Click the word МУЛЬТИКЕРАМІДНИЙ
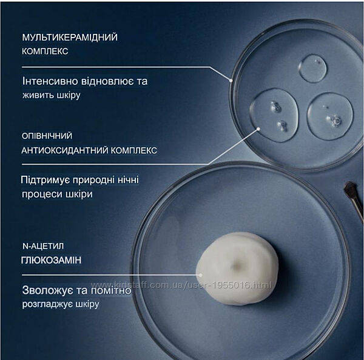(70, 38)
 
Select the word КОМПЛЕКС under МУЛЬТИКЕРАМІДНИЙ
(45, 52)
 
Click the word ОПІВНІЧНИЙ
(47, 136)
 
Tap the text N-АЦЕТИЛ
(43, 246)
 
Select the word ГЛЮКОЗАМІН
(52, 260)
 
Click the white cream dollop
(237, 268)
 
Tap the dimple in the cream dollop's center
(238, 264)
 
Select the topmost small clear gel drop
(312, 68)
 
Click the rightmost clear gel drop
(330, 116)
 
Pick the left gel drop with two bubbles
(274, 115)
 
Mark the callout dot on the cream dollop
(201, 275)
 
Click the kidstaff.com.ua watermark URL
(181, 285)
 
